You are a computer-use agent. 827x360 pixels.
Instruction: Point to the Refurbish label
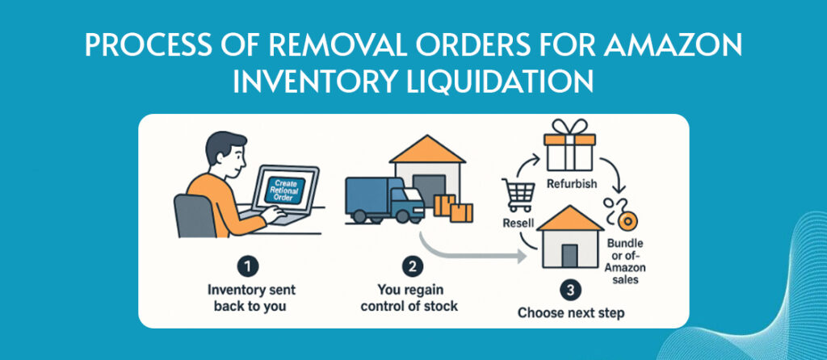click(571, 184)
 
